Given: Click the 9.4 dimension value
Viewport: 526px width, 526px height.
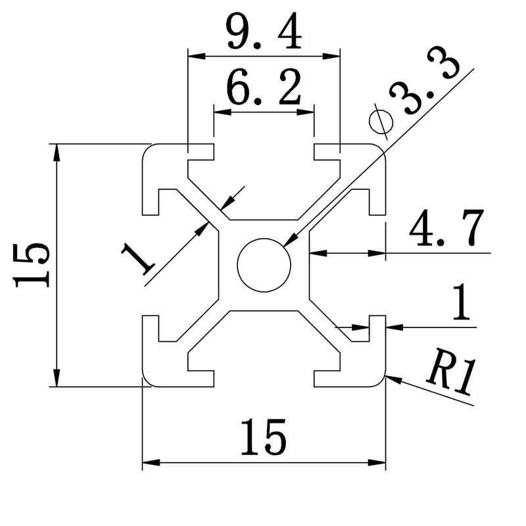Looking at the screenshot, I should (264, 34).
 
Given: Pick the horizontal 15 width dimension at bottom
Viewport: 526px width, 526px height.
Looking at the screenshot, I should (262, 436).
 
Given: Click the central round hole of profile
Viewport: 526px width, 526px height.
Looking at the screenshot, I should (264, 264).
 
